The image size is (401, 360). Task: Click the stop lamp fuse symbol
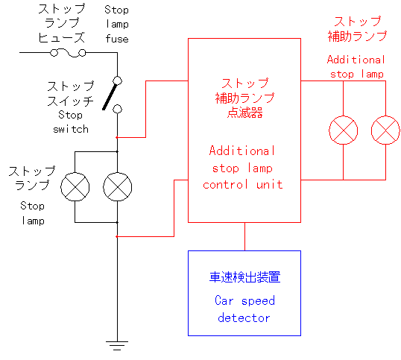point(68,53)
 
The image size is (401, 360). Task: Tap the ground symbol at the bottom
point(117,345)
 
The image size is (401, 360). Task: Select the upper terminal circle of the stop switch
point(117,80)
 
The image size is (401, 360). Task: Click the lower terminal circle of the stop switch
point(117,109)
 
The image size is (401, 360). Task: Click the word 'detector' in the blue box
point(244,318)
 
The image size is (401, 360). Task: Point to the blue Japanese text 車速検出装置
point(244,277)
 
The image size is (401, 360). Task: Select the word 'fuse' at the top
point(117,39)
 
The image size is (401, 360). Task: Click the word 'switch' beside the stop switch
point(71,129)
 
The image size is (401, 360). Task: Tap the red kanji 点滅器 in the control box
point(245,113)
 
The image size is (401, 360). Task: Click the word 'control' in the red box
point(225,184)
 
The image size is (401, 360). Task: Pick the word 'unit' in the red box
point(270,184)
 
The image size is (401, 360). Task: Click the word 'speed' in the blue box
point(258,301)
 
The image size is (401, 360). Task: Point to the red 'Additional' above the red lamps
point(356,60)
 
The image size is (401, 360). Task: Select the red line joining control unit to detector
point(244,236)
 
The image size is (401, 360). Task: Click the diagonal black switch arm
point(110,97)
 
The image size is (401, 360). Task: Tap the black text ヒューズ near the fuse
point(61,37)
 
